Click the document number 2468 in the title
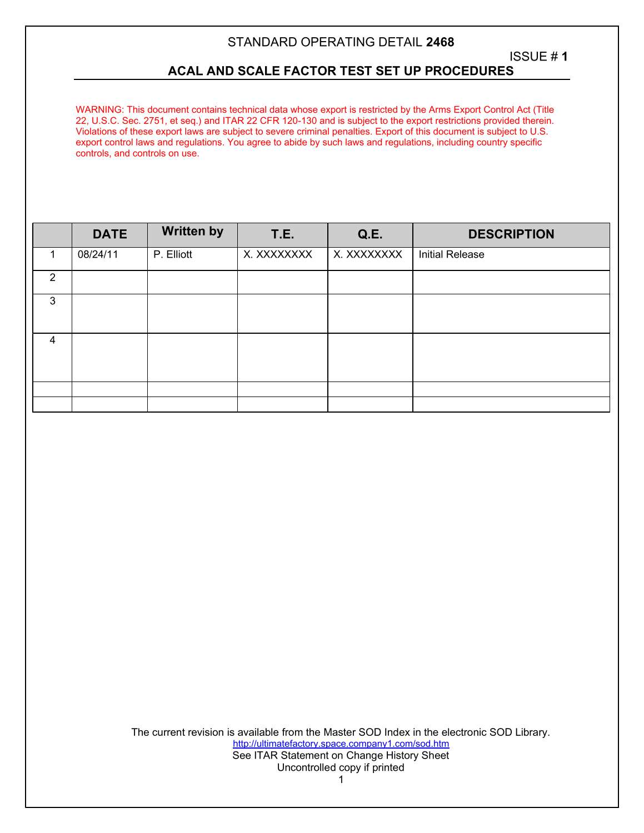(440, 42)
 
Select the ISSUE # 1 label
(538, 57)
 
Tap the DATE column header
(109, 234)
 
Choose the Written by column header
(192, 232)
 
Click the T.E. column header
(282, 234)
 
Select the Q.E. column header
(370, 234)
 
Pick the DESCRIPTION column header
(511, 234)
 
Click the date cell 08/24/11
(98, 255)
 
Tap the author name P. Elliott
(173, 255)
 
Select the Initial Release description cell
(451, 255)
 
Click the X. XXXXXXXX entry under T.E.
(278, 255)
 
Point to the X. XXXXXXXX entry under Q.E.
(368, 255)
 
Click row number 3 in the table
(53, 301)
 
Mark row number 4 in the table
(53, 340)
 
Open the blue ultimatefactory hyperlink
(341, 744)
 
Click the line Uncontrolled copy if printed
(341, 768)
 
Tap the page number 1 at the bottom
(341, 780)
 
